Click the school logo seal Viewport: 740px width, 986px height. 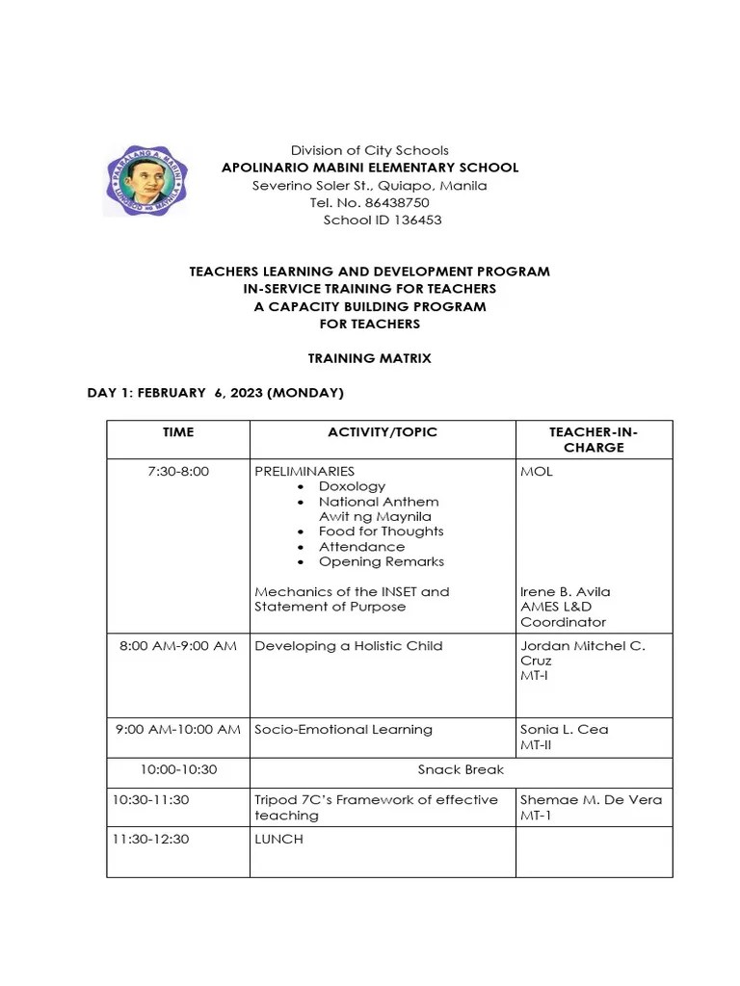[145, 180]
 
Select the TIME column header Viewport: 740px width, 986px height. [178, 432]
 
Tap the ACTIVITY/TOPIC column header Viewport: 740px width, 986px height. [383, 432]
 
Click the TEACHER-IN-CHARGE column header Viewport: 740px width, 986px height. [594, 440]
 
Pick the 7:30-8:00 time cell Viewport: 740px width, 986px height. [178, 472]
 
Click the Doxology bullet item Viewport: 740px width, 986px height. [352, 486]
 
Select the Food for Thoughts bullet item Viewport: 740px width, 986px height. [381, 532]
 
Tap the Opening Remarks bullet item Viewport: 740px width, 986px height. [381, 561]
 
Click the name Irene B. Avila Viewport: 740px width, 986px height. [566, 591]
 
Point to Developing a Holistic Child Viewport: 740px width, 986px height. [349, 645]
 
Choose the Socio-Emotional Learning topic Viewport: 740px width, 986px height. [343, 729]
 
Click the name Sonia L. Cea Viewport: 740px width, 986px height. [565, 729]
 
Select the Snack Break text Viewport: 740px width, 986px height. [461, 769]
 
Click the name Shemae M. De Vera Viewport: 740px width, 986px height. [591, 799]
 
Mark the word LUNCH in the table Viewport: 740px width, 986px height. [278, 839]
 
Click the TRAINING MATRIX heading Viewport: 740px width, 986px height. [369, 358]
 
